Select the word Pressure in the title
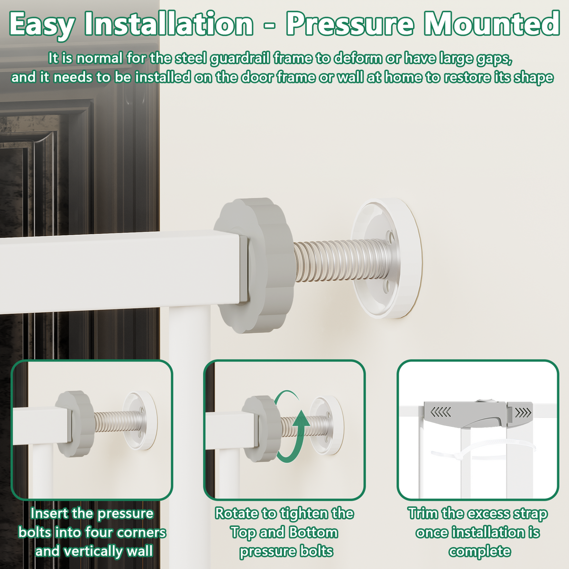(350, 24)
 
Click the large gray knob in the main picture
(255, 265)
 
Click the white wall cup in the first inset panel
(139, 421)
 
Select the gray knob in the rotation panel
(261, 429)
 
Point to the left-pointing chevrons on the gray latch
(441, 412)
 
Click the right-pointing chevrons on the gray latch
(523, 413)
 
